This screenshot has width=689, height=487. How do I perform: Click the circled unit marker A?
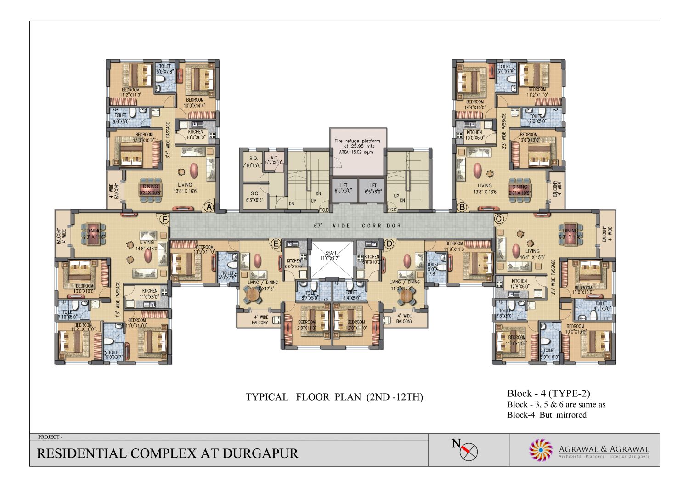(209, 207)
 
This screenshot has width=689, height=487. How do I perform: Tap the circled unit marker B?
(462, 207)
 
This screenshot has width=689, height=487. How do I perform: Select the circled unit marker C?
(498, 219)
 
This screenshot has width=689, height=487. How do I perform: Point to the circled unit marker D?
(389, 244)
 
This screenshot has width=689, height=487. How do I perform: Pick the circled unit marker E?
(276, 244)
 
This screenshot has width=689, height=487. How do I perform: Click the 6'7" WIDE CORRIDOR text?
(357, 226)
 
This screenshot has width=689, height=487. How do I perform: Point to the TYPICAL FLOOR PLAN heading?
(334, 397)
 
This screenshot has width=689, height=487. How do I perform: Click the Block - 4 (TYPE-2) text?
(548, 393)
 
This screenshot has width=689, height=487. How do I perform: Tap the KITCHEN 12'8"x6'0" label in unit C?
(519, 283)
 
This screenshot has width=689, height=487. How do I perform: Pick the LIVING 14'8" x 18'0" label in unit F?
(147, 245)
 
